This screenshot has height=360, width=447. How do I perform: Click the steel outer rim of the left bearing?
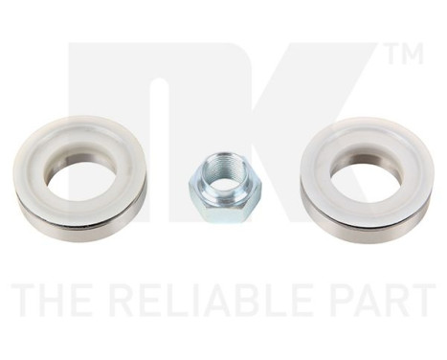coord(80,224)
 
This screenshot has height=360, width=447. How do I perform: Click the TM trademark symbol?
coord(403,56)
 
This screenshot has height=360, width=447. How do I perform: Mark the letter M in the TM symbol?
coord(411,56)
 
